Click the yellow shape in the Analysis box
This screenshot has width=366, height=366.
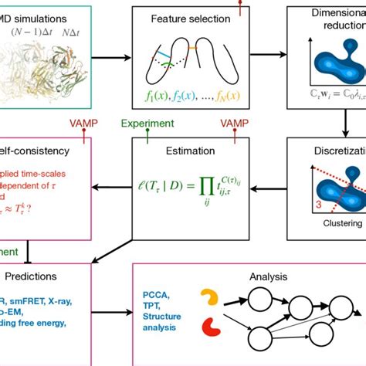(x=209, y=298)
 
